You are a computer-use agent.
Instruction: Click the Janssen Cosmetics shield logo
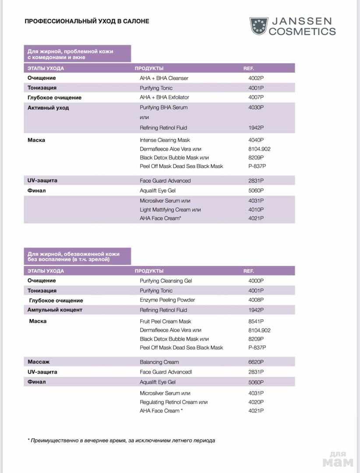258,26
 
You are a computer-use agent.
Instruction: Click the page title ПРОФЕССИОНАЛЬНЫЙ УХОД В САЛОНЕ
87,21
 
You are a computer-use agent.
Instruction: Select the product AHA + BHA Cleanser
164,78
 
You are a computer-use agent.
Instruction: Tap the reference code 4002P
256,78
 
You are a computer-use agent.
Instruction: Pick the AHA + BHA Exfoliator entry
164,97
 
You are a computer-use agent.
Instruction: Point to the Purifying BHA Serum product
163,107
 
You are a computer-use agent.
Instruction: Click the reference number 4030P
256,107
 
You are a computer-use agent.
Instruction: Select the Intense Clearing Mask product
165,140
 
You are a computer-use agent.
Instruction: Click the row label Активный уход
48,108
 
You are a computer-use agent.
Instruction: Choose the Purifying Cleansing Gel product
166,281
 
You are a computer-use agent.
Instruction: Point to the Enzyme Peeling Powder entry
167,300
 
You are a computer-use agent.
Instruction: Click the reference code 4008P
256,300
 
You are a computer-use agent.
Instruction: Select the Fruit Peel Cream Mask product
165,321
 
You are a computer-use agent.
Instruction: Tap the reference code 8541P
256,321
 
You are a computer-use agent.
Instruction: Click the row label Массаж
39,362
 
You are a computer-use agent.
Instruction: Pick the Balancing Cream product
159,362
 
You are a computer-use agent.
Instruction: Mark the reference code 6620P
256,362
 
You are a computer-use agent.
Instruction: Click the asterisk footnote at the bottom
121,441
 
